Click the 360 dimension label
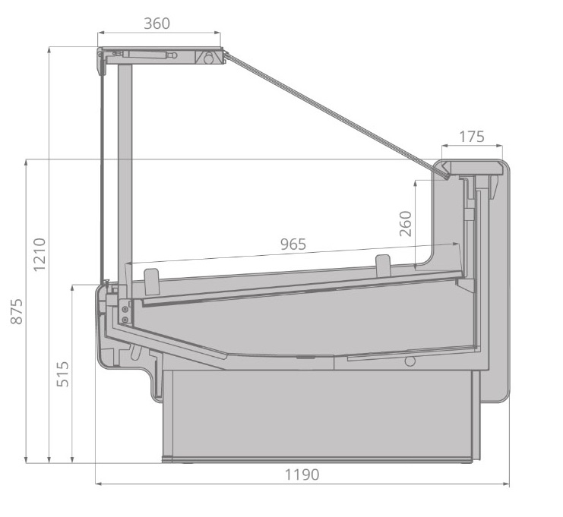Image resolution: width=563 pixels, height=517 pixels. click(x=157, y=24)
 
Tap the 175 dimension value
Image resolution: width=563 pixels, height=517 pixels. click(x=472, y=137)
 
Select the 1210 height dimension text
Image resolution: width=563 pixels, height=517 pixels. click(x=40, y=254)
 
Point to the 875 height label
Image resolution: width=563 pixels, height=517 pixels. click(x=16, y=311)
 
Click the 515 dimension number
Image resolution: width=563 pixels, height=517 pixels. click(x=63, y=374)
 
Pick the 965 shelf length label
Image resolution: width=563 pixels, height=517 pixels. click(x=293, y=244)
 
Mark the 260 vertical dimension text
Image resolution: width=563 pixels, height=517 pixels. click(x=406, y=223)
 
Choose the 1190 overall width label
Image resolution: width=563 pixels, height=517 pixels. click(x=302, y=474)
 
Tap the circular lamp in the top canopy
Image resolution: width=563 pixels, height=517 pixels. click(x=209, y=58)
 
